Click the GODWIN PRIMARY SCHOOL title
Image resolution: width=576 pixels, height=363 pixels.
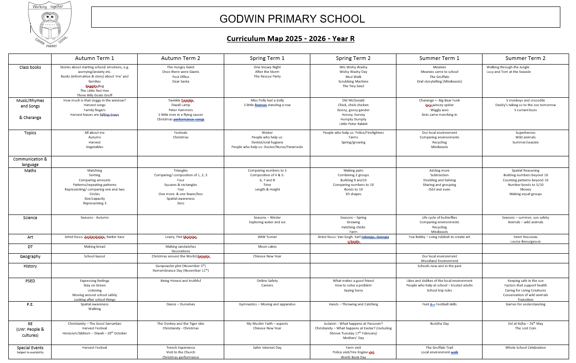292,19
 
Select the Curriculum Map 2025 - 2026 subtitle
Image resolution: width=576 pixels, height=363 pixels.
291,38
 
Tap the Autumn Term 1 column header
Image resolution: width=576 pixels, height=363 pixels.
94,59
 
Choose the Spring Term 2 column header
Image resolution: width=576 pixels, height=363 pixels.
353,59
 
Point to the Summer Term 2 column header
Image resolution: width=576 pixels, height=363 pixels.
525,59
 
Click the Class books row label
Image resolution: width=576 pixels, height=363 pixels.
30,67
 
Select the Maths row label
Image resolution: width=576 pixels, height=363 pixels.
30,171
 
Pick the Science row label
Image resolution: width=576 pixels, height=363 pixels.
30,218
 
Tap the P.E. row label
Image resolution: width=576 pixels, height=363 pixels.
30,304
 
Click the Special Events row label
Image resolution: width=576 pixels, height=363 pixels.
30,348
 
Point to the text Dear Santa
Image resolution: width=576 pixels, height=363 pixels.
180,82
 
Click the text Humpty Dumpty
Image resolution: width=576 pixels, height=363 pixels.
353,119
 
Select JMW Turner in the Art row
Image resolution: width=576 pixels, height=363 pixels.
267,237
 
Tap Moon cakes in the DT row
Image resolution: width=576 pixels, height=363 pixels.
267,247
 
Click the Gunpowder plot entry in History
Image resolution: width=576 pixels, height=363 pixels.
180,266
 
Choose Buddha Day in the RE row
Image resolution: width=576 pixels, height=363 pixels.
439,324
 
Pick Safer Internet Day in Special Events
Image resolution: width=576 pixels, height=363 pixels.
267,348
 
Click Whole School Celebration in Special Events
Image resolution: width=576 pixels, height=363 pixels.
525,348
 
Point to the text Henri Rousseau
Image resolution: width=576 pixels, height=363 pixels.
525,237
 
